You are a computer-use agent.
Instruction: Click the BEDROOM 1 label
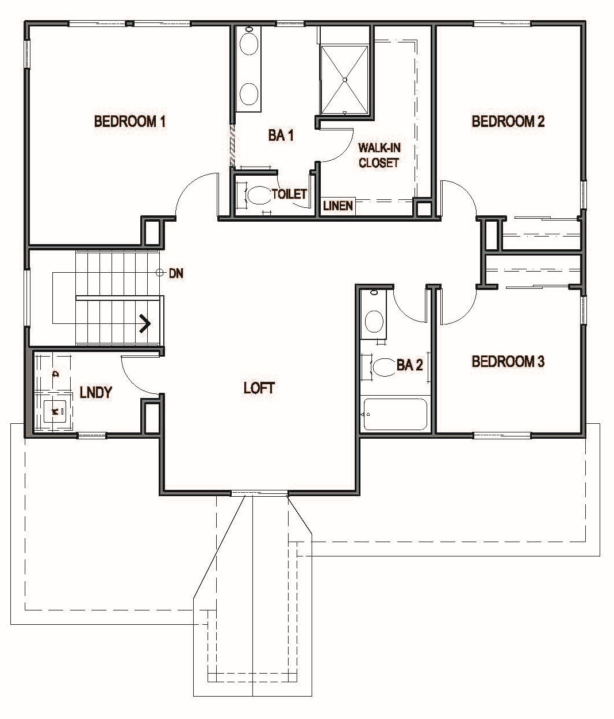click(x=130, y=122)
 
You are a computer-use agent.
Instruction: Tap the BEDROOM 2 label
click(x=508, y=122)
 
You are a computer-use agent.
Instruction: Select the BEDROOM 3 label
click(x=508, y=362)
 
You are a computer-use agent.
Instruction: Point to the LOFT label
click(x=259, y=388)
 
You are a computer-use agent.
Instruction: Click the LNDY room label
click(x=95, y=393)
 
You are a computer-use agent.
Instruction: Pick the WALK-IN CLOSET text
click(x=379, y=155)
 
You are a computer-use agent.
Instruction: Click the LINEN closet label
click(x=337, y=206)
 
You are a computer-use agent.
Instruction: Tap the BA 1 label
click(x=281, y=136)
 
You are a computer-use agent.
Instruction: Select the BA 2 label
click(x=409, y=365)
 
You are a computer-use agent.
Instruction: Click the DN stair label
click(x=176, y=274)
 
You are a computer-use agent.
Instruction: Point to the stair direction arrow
click(x=145, y=323)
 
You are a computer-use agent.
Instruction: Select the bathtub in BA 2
click(x=395, y=414)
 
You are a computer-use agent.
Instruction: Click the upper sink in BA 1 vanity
click(x=248, y=45)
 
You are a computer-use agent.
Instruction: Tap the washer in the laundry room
click(x=55, y=411)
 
